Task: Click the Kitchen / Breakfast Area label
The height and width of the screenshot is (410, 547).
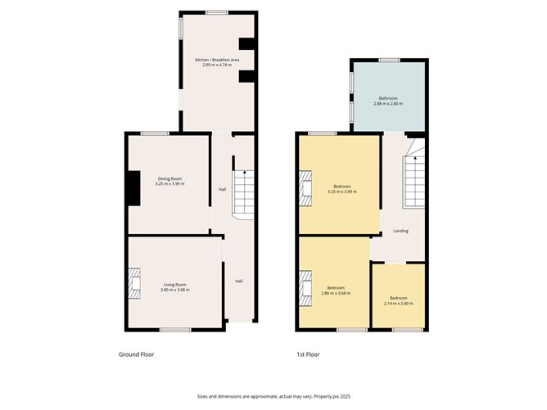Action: click(x=217, y=60)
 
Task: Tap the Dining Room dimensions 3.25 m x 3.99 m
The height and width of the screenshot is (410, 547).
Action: click(x=170, y=184)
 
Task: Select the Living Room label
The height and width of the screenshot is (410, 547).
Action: click(x=175, y=285)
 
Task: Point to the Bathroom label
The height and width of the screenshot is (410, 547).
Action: click(x=388, y=98)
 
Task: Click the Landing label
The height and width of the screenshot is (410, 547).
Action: click(x=400, y=231)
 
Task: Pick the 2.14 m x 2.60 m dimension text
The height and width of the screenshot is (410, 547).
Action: click(x=399, y=304)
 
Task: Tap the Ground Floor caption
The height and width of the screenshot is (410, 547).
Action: click(x=137, y=354)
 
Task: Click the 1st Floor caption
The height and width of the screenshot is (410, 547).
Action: click(x=308, y=354)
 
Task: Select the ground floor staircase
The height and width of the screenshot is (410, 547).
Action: click(x=243, y=196)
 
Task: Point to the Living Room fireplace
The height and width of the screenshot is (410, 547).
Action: click(x=134, y=283)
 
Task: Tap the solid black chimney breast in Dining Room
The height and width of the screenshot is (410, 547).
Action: click(x=134, y=188)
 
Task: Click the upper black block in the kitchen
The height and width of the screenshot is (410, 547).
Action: click(x=246, y=44)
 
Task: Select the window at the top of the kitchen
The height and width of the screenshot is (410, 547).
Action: click(x=217, y=13)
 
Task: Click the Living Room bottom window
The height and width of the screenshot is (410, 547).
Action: click(x=175, y=330)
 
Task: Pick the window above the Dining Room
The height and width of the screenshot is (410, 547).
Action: click(x=155, y=133)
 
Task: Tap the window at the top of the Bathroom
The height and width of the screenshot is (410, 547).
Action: click(x=390, y=61)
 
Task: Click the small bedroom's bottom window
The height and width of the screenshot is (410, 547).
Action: click(x=408, y=330)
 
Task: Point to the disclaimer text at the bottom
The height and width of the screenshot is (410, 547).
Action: click(x=273, y=396)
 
